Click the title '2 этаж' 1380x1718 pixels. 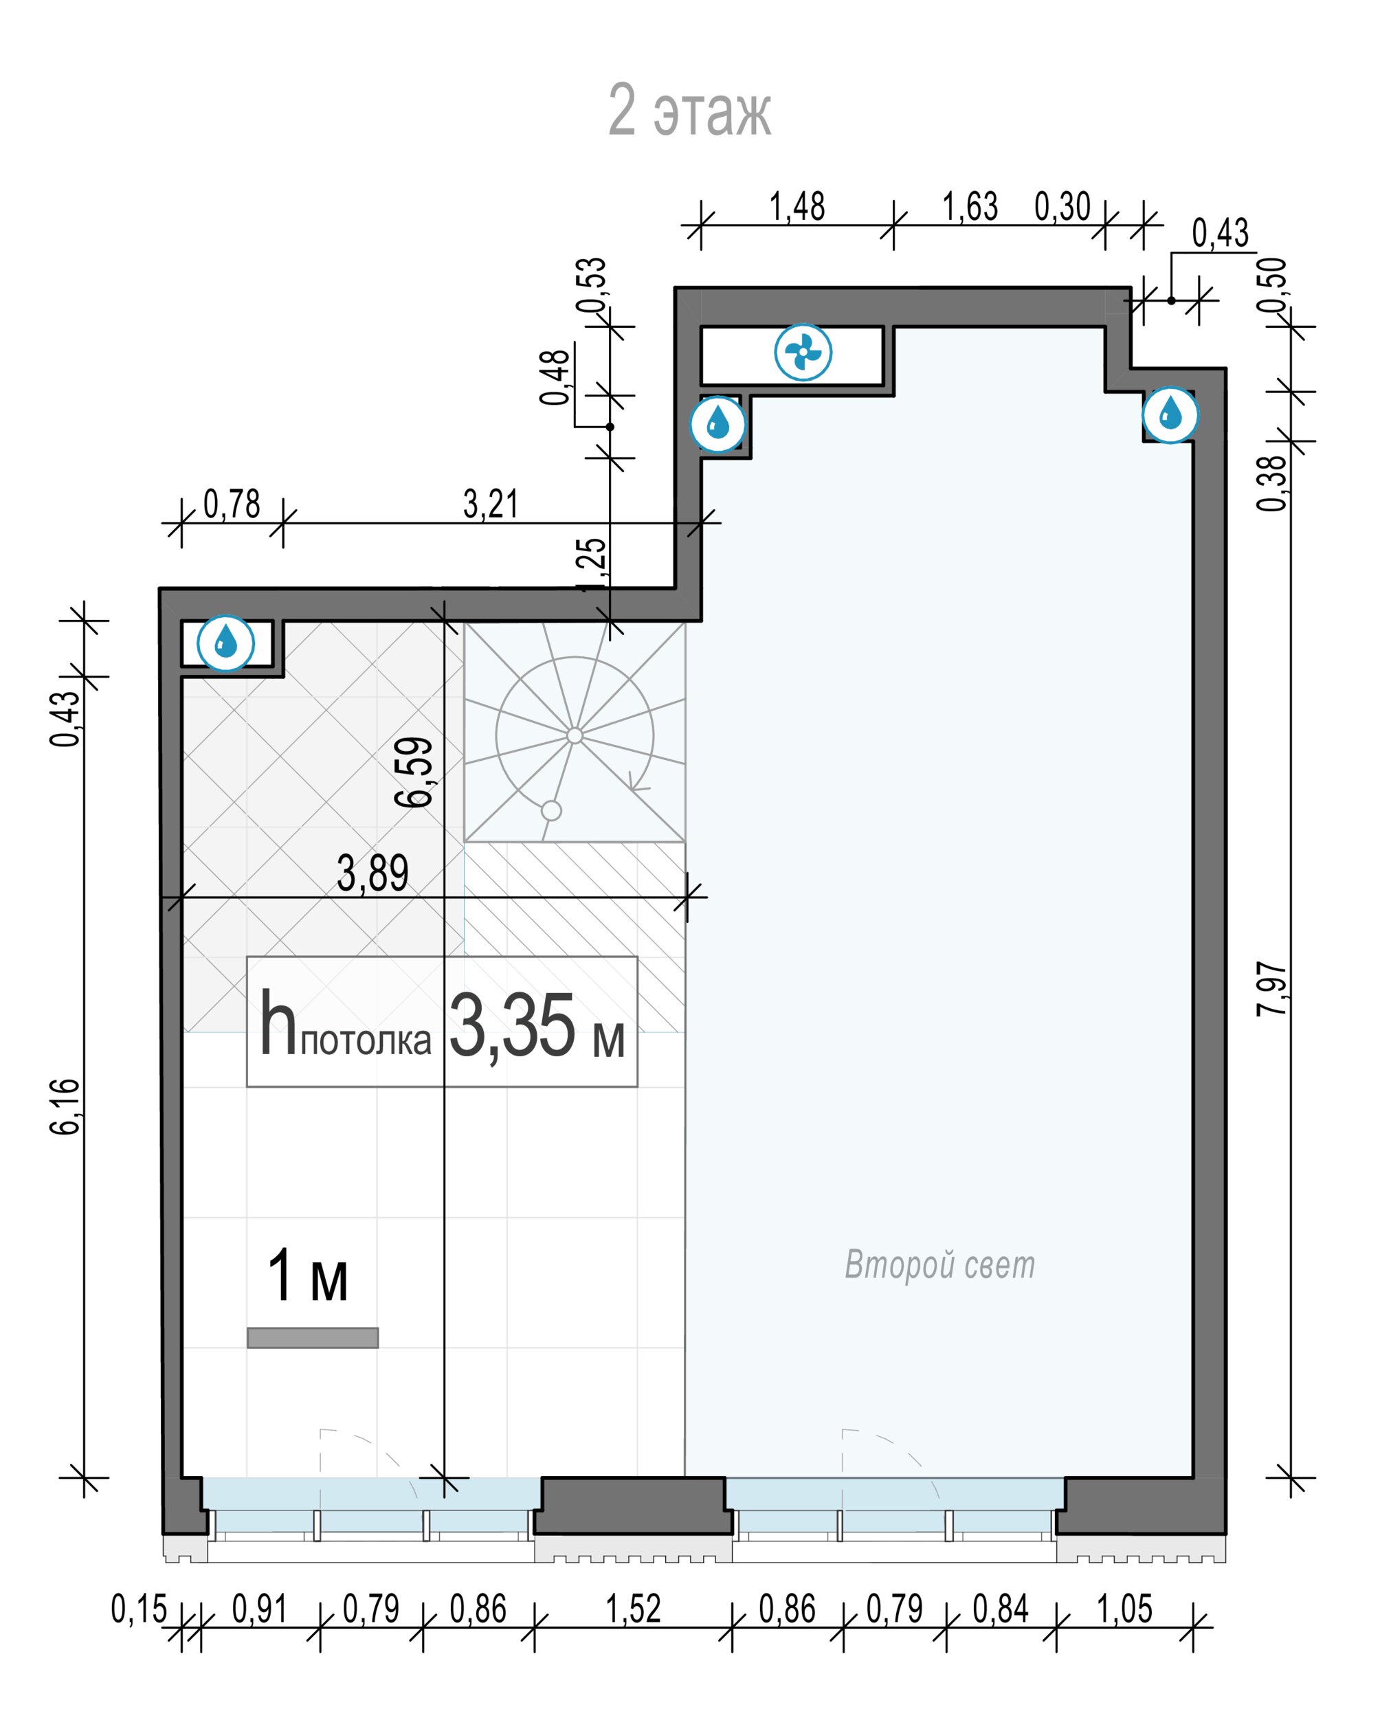tap(689, 110)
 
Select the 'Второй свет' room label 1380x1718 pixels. tap(939, 1264)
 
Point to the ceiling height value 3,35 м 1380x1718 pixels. tap(537, 1027)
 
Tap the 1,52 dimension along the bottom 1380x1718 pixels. tap(634, 1609)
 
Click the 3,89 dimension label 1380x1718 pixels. tap(373, 873)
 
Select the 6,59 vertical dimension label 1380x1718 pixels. tap(414, 772)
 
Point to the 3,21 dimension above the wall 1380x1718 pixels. tap(491, 504)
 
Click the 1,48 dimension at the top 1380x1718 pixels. tap(797, 206)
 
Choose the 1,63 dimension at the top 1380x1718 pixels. tap(970, 206)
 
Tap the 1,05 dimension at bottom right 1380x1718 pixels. tap(1124, 1609)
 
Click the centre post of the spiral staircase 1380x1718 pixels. tap(575, 735)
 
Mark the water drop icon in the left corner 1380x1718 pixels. tap(226, 643)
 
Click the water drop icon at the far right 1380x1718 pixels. tap(1170, 414)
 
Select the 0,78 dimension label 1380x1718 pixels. tap(232, 504)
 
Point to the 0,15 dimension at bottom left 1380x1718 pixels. tap(139, 1609)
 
